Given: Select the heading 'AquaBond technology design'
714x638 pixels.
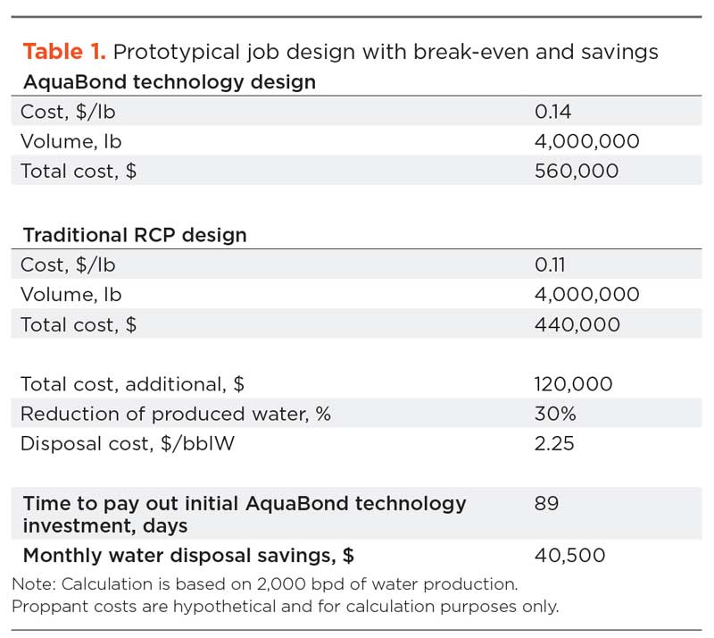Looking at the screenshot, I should pos(170,82).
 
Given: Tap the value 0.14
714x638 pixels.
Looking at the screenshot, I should pos(552,112).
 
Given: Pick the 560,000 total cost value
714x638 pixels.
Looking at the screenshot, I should pos(576,171).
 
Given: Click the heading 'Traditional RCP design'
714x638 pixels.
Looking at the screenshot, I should pos(135,236).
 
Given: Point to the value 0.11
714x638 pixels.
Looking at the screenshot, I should pos(551,265).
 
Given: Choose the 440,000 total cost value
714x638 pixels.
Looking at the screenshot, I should pos(577,324).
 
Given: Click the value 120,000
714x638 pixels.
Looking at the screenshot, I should pos(573,384).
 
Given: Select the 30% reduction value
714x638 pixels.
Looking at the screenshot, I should pos(555,414).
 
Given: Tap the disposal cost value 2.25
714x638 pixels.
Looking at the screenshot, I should pos(554,443).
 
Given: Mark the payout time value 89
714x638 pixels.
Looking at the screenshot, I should pos(546,503).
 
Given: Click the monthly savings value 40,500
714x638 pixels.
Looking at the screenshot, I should pos(569,555).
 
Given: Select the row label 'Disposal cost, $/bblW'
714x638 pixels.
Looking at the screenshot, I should pos(128,443).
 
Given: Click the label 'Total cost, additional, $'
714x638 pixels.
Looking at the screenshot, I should pos(133,384).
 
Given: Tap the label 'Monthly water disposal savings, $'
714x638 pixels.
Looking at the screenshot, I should pos(188,555).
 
